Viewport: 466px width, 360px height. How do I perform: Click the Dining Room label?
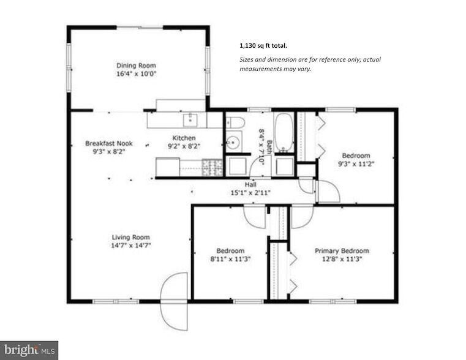click(137, 66)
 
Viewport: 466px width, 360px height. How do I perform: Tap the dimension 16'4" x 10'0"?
click(137, 73)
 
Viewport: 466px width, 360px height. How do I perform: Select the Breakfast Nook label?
click(109, 143)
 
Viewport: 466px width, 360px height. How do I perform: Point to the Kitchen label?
click(184, 138)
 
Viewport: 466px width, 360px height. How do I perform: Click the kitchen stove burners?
click(212, 167)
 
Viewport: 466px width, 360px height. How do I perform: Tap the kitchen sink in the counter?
click(190, 118)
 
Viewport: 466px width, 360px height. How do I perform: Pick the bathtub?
click(284, 133)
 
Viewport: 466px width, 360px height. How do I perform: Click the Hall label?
click(250, 184)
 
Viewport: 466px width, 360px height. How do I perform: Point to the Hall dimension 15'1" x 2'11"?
click(250, 192)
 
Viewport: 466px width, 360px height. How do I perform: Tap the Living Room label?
click(130, 237)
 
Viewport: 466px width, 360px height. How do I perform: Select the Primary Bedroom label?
click(342, 250)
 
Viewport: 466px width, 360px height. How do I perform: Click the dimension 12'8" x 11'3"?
click(342, 258)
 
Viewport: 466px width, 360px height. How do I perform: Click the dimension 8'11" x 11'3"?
click(230, 258)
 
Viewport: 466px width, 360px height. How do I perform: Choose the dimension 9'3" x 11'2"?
click(355, 163)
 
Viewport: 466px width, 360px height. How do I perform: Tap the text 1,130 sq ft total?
click(263, 45)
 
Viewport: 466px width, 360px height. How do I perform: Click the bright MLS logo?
click(29, 350)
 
